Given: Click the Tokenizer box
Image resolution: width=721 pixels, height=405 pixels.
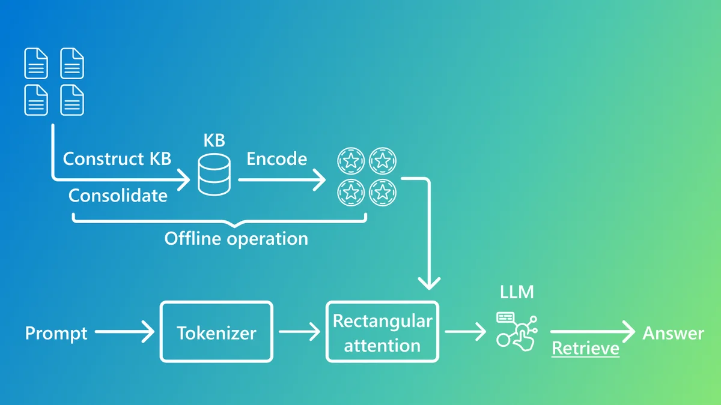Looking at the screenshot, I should point(216,332).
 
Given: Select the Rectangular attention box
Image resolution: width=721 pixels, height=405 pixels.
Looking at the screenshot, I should point(382,332).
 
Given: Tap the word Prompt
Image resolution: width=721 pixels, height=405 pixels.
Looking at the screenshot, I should point(56,333).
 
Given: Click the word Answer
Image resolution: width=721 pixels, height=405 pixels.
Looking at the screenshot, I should point(673,333).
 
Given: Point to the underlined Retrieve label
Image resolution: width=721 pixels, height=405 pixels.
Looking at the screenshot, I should point(585,348).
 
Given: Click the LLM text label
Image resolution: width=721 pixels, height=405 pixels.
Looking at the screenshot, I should point(517,293).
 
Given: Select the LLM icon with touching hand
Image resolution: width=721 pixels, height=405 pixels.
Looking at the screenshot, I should point(517,330).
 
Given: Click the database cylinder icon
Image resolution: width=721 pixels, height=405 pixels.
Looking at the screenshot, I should point(214,174).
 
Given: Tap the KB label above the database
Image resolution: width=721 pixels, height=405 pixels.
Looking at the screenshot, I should point(214,140).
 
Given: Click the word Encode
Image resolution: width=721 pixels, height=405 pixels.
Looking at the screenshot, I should point(277,159).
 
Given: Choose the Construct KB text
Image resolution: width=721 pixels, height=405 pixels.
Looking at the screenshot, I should point(117,159).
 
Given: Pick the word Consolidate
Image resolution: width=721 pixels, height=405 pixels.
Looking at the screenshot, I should point(118,196).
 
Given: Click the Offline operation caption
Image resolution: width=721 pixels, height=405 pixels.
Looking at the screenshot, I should point(236,238).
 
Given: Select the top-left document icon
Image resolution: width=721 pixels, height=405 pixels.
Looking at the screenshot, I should point(36,64).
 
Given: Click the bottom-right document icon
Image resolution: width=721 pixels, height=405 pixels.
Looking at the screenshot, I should point(72,100).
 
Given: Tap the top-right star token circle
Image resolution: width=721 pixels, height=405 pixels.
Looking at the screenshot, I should point(382,160).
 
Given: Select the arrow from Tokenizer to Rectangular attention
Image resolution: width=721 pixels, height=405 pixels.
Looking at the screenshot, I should point(299,331).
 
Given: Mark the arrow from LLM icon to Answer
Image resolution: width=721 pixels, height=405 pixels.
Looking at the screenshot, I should point(592,331).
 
